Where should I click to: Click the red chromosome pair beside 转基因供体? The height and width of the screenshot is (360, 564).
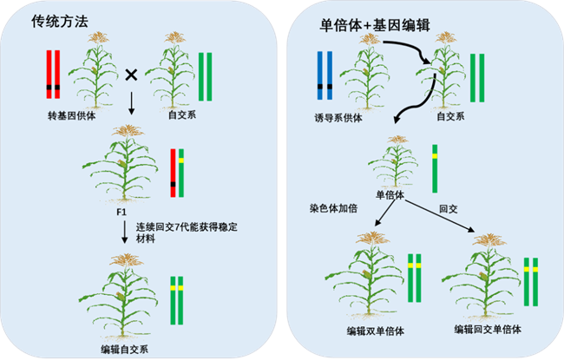(x=54, y=78)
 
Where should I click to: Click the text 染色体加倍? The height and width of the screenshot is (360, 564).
(x=334, y=209)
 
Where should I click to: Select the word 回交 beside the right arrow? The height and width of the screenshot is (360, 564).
(x=448, y=209)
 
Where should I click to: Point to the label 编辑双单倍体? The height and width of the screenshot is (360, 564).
(x=376, y=331)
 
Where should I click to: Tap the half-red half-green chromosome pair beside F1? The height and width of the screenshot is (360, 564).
(x=178, y=170)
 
